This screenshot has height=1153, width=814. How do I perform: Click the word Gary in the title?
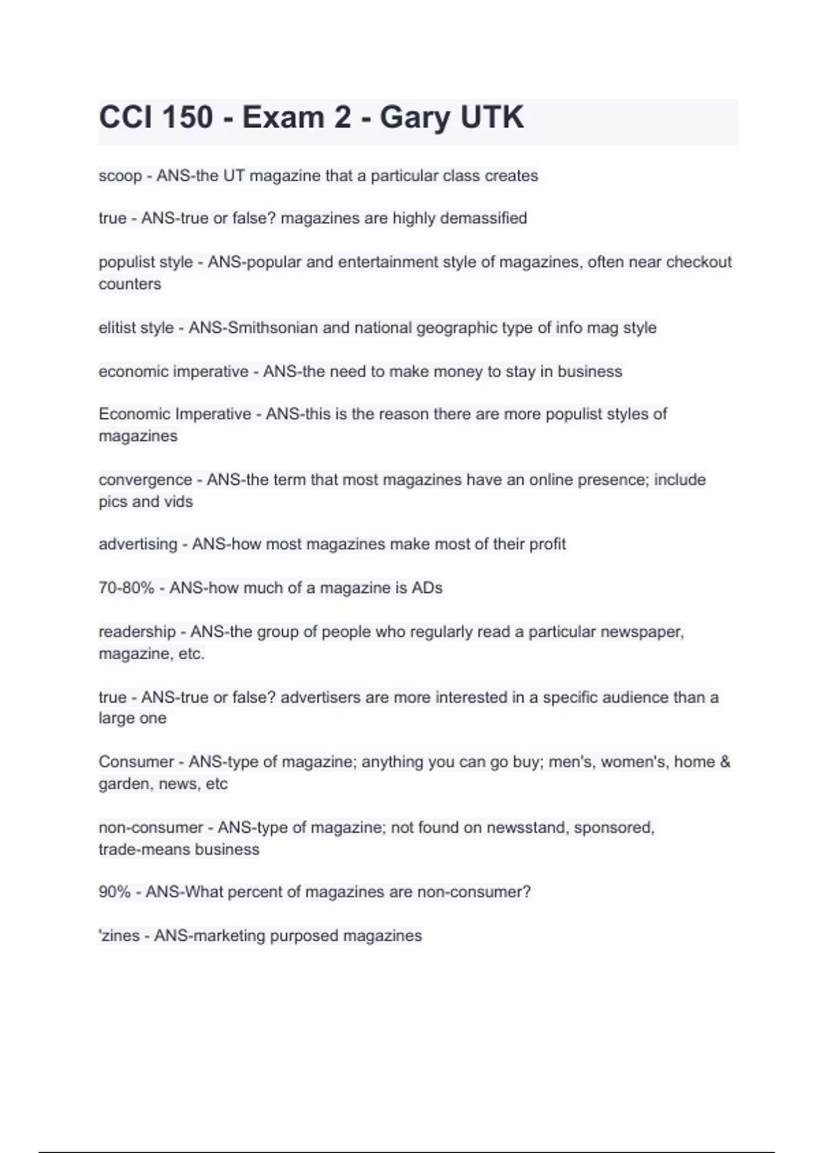point(414,118)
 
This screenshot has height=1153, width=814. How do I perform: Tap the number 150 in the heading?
point(187,118)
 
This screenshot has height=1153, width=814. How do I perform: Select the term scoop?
point(120,176)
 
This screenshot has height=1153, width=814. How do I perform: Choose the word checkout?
point(699,262)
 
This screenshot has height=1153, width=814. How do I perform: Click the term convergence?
point(145,480)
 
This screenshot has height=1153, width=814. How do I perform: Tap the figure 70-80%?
point(126,588)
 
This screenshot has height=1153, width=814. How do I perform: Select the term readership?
point(137,632)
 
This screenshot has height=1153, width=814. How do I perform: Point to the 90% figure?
point(114,893)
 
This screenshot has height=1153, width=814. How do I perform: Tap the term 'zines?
point(119,936)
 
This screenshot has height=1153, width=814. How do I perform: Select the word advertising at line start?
point(138,545)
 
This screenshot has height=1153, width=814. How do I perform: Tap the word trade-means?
point(140,850)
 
